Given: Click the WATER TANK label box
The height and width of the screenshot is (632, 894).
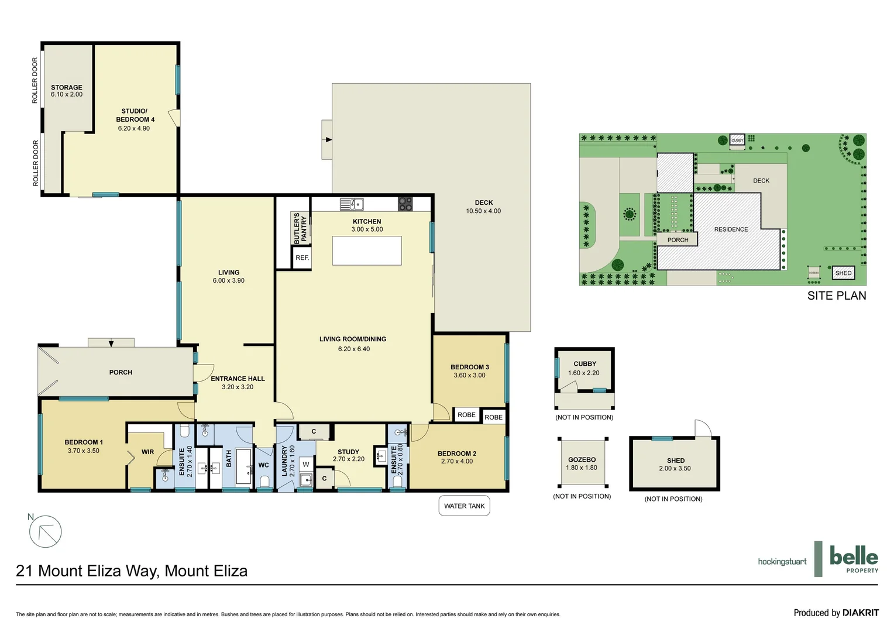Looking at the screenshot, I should tap(464, 506).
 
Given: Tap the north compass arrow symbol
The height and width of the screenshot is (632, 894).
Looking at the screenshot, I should tap(45, 532).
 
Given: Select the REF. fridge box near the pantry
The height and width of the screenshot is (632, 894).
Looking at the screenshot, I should tap(302, 257).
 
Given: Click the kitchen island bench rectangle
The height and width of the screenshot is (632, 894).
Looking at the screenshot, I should tap(367, 250).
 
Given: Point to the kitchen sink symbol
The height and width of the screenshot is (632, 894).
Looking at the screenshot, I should tap(352, 204).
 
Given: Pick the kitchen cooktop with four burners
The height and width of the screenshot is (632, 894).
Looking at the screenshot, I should tap(405, 204).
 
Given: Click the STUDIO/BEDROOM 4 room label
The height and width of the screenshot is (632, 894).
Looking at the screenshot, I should tap(135, 115).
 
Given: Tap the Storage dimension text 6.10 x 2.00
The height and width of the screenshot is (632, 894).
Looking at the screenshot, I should tap(67, 95).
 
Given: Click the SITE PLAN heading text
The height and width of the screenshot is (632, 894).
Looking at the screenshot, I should tap(836, 296).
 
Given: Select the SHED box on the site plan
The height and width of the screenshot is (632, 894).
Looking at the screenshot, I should tap(843, 273).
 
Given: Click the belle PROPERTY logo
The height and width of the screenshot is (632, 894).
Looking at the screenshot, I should tap(853, 559).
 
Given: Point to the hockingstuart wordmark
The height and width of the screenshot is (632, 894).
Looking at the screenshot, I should tap(782, 562).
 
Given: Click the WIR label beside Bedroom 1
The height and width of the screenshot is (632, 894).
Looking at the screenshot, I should tap(147, 452).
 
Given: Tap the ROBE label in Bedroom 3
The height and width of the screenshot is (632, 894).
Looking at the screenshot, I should tap(466, 415).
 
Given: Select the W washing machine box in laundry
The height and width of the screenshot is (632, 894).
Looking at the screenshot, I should tap(305, 465).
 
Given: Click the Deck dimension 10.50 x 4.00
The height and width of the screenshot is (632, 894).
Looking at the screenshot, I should tap(483, 211).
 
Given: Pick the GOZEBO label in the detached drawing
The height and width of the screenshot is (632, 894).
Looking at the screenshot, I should tap(582, 460).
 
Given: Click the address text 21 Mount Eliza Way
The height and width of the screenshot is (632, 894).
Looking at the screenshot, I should tap(132, 571).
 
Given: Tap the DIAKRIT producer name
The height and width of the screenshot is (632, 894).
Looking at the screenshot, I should tap(860, 613).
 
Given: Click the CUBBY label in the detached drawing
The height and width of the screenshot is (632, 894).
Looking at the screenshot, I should tap(584, 364).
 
